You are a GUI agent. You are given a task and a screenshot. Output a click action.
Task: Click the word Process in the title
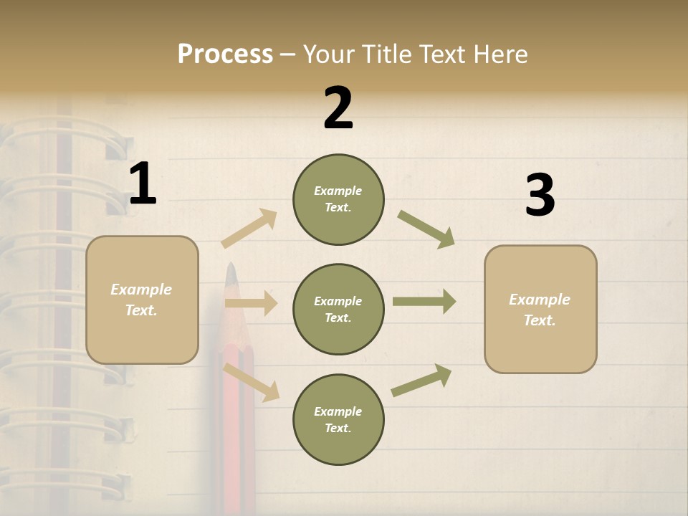(225, 54)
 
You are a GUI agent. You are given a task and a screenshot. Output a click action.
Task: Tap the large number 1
(143, 184)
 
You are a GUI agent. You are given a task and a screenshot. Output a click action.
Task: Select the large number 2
(338, 109)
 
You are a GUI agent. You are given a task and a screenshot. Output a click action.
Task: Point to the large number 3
(540, 196)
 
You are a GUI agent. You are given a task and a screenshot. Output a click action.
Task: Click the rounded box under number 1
(142, 300)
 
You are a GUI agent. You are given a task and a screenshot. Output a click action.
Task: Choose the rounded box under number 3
(540, 310)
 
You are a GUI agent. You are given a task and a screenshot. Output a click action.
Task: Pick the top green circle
(338, 199)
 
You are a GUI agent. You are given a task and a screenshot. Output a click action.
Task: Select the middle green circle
(338, 310)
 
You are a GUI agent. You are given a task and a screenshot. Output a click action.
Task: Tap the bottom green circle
(338, 420)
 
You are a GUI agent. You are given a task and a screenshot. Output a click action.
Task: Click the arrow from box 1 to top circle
(249, 228)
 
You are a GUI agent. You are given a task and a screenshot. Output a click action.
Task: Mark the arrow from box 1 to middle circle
(251, 303)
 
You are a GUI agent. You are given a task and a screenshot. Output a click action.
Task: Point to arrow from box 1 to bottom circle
(251, 382)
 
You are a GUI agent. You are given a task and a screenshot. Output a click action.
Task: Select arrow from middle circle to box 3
(424, 302)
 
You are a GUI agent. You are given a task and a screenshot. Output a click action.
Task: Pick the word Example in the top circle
(338, 191)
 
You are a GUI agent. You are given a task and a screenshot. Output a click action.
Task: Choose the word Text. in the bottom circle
(338, 429)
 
